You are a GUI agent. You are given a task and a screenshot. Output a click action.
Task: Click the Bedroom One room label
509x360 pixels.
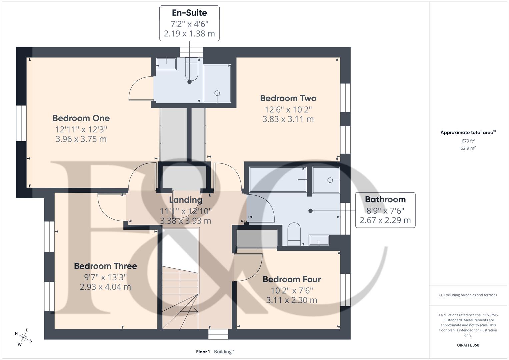[81, 118]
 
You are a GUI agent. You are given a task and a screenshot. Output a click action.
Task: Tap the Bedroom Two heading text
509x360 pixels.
[288, 98]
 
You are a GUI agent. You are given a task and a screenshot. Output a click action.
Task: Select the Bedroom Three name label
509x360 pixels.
[105, 266]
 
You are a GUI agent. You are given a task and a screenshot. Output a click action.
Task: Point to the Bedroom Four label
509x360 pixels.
[292, 279]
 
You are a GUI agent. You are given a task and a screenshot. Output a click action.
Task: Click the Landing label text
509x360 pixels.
[186, 200]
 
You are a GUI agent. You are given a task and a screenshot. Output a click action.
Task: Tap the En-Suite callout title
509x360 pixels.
[189, 13]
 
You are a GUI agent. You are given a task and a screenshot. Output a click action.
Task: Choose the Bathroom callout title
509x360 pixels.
[385, 199]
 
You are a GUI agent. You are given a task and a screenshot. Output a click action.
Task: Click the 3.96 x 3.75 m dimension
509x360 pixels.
[81, 139]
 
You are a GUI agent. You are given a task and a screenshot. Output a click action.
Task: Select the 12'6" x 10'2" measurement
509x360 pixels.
[288, 110]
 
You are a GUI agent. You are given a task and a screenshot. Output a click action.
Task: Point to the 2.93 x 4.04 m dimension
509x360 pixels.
[105, 287]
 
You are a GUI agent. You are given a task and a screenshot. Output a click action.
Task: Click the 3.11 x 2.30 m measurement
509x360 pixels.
[292, 300]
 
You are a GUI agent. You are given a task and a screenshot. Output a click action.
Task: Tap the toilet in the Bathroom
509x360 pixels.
[294, 234]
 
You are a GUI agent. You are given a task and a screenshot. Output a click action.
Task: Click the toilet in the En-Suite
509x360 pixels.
[192, 69]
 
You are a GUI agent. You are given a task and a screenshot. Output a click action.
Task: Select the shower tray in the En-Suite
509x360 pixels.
[217, 83]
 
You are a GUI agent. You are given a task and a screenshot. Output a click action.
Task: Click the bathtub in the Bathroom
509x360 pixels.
[278, 180]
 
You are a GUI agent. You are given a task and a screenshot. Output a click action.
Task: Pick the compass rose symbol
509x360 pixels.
[23, 337]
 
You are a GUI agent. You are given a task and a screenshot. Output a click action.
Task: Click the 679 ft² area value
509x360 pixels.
[468, 141]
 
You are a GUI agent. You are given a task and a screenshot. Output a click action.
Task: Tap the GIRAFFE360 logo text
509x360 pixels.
[468, 345]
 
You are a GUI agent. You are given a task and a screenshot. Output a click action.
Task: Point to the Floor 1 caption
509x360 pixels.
[203, 352]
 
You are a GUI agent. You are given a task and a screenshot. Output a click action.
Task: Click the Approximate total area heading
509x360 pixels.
[468, 133]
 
